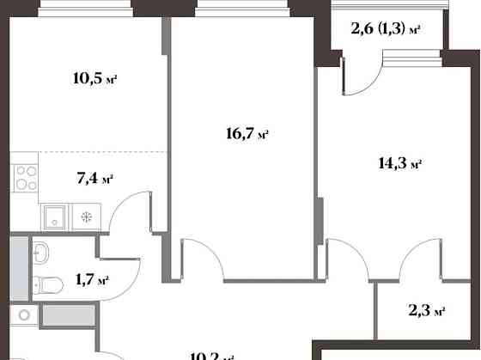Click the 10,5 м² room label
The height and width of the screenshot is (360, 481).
coord(94,80)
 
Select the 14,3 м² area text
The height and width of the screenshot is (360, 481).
coord(399,162)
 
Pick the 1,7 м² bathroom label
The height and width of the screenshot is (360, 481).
coord(91,280)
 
